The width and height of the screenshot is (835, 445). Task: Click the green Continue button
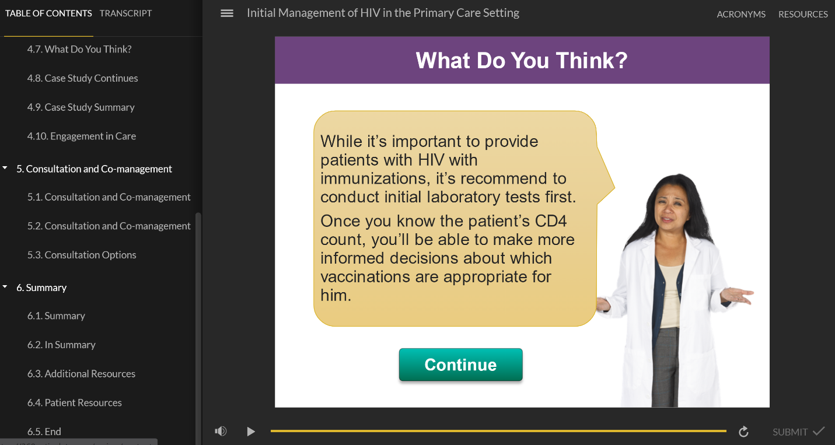point(460,365)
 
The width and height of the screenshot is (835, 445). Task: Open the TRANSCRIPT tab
point(125,13)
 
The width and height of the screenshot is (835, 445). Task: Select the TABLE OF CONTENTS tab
point(48,13)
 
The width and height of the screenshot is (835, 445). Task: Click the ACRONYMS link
point(741,14)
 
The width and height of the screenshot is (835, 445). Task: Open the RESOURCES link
point(803,14)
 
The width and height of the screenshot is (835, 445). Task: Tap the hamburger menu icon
point(227,13)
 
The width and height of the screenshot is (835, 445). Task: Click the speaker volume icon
point(221,431)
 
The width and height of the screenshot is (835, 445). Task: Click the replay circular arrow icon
point(743,432)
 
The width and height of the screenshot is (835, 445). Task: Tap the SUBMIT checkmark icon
point(819,431)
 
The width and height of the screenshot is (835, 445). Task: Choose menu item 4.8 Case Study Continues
point(82,78)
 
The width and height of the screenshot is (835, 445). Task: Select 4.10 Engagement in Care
point(82,136)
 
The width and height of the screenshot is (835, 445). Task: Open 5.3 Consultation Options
point(82,255)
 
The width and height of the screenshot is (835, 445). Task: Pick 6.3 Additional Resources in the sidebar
point(81,374)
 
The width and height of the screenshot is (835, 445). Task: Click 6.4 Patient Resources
point(75,403)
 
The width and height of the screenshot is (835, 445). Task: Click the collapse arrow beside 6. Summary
point(5,286)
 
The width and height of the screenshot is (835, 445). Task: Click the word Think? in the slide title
point(592,60)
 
